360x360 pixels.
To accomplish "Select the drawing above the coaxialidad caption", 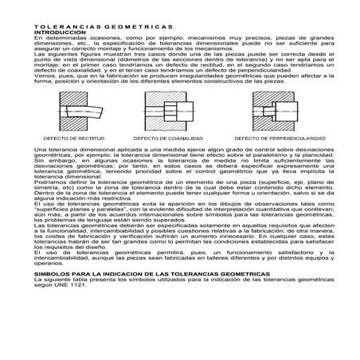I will [168, 111].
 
